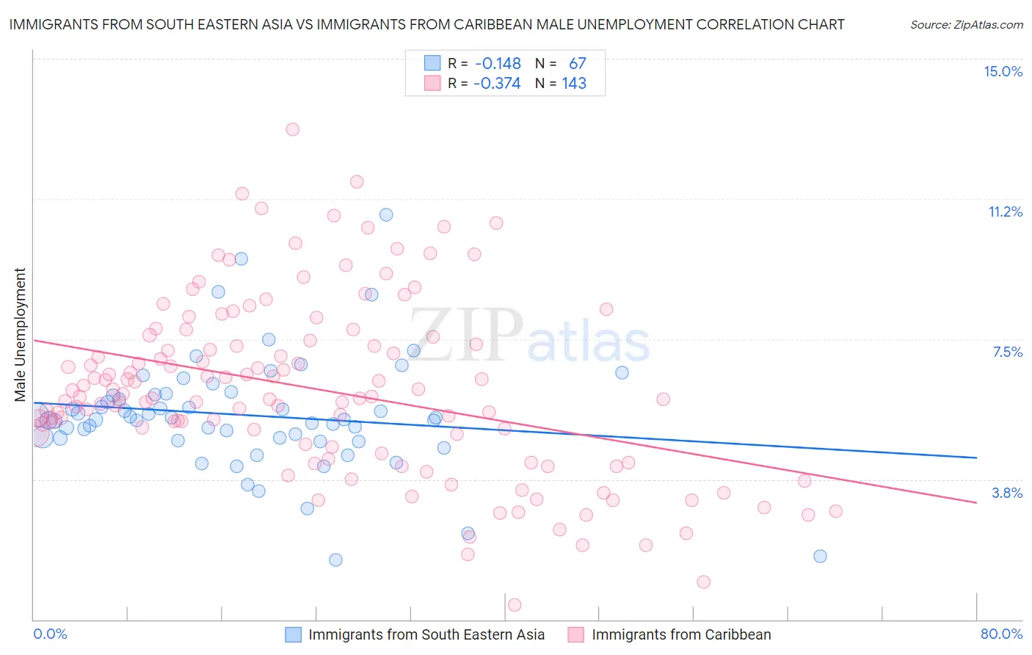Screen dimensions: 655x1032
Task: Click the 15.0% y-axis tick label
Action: (1003, 71)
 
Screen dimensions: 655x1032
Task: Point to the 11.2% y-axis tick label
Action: (1005, 211)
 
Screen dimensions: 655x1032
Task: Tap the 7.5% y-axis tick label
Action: (1007, 352)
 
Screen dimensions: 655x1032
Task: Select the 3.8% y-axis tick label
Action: (1007, 493)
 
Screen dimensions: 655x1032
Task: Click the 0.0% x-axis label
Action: (50, 634)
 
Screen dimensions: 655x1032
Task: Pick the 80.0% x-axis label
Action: (1001, 634)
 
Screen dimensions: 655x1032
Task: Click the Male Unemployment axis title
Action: (21, 335)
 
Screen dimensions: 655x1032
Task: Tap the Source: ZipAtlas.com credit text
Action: (966, 24)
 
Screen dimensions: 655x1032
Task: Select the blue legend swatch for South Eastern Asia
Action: (294, 634)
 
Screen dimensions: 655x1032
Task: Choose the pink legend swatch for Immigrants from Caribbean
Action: (576, 634)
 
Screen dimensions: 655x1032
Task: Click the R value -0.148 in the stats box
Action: (498, 64)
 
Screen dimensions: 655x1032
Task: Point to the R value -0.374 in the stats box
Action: (497, 83)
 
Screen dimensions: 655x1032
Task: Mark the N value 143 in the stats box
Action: (574, 83)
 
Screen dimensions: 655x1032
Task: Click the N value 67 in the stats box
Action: (578, 64)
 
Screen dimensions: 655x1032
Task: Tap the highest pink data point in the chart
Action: (292, 129)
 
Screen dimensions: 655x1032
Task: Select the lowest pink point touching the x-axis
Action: (515, 605)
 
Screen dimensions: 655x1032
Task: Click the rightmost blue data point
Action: (820, 556)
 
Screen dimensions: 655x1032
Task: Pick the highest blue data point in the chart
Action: (386, 215)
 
